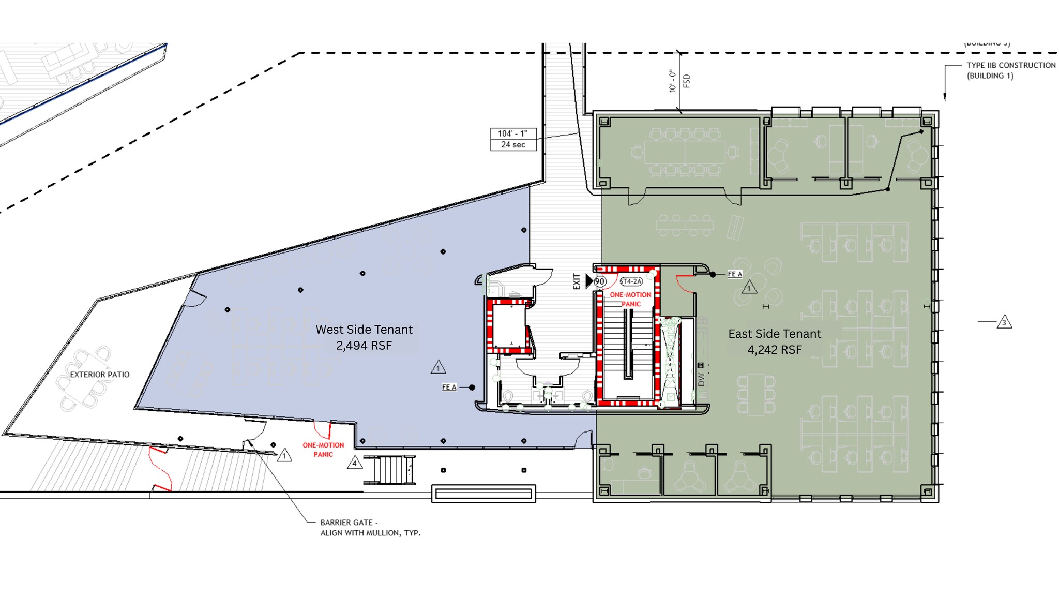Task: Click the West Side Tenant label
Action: pyautogui.click(x=364, y=330)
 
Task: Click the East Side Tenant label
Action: pyautogui.click(x=774, y=334)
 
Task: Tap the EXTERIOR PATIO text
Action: pyautogui.click(x=100, y=375)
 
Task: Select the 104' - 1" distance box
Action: pyautogui.click(x=512, y=133)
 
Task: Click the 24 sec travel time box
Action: pyautogui.click(x=512, y=145)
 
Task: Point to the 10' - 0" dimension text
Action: pyautogui.click(x=672, y=81)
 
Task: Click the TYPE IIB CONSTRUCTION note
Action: pyautogui.click(x=1010, y=66)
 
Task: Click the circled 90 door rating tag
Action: pyautogui.click(x=600, y=281)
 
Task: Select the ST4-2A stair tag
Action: pyautogui.click(x=631, y=281)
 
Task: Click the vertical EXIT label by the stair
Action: pyautogui.click(x=577, y=281)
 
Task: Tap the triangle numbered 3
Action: pyautogui.click(x=1004, y=322)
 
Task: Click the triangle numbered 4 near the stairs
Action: pyautogui.click(x=354, y=463)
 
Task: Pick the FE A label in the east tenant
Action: pyautogui.click(x=735, y=274)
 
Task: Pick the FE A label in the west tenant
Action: pyautogui.click(x=449, y=387)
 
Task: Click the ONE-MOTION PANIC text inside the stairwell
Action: pyautogui.click(x=630, y=299)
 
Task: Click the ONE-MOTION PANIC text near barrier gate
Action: pyautogui.click(x=323, y=450)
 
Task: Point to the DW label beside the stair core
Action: pyautogui.click(x=701, y=379)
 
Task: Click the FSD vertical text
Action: pyautogui.click(x=687, y=81)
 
